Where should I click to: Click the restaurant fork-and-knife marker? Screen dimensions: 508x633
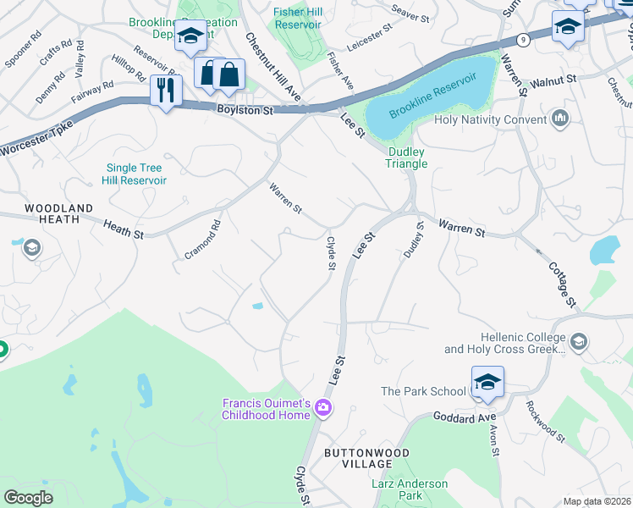(166, 90)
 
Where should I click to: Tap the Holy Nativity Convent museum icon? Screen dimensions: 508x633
(559, 119)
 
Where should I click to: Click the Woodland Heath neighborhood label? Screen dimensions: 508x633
(52, 213)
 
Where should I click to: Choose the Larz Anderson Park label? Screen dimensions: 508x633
(410, 489)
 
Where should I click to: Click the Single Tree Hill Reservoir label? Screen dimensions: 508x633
(136, 174)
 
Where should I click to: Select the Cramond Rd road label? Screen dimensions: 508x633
(202, 240)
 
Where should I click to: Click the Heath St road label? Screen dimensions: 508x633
(124, 228)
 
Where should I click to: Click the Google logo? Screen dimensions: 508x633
(29, 497)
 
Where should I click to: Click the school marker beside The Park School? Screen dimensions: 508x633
(487, 382)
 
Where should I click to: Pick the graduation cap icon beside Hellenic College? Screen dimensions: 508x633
(579, 341)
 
